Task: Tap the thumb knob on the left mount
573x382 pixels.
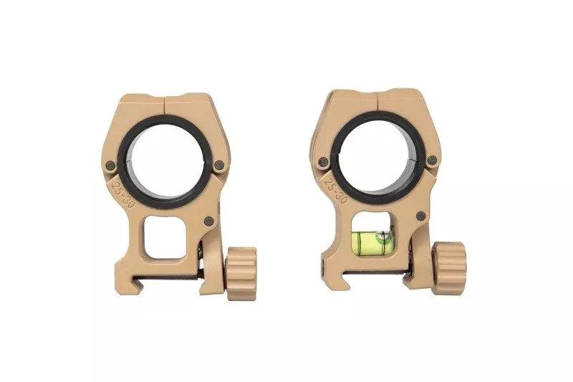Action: coord(241,274)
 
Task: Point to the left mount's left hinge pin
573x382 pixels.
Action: coord(111,166)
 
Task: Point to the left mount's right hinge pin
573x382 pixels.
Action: coord(219,166)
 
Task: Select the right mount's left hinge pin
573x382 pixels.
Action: coord(324,161)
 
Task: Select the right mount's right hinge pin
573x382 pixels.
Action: coord(432,160)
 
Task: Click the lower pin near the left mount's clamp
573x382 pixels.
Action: coord(209,221)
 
